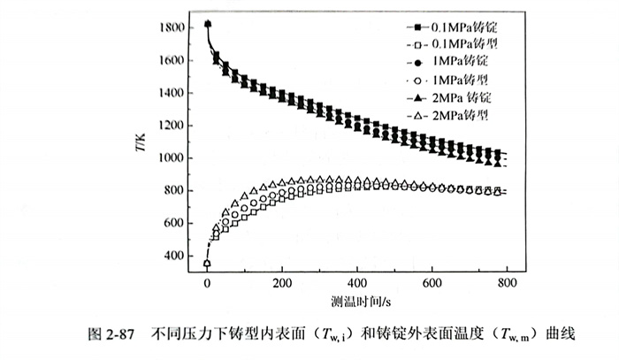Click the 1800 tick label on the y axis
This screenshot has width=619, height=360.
[171, 28]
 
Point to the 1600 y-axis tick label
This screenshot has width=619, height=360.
[171, 61]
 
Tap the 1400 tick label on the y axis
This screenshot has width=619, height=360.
[171, 93]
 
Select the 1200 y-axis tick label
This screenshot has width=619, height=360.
[171, 126]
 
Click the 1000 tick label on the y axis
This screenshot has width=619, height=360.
[171, 158]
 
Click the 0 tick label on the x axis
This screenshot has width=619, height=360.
[207, 283]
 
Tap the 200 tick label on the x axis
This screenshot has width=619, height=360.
[282, 283]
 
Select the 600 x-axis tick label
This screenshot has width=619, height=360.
[432, 283]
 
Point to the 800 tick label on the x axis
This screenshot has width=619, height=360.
[506, 283]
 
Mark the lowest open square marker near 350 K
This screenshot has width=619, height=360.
[207, 264]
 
